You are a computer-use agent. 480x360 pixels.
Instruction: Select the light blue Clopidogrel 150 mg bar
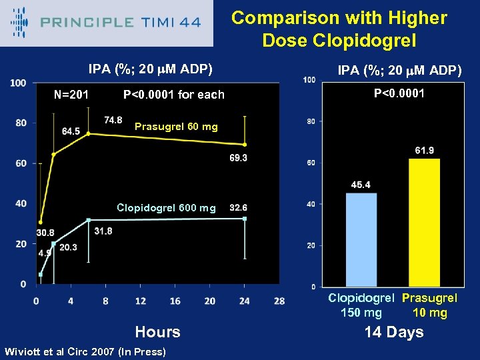[361, 239]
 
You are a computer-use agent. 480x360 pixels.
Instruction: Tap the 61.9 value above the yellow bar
[424, 151]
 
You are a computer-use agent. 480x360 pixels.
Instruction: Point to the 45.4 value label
[361, 184]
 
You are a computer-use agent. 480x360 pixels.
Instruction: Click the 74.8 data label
[113, 120]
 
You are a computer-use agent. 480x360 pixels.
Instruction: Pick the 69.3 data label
[238, 157]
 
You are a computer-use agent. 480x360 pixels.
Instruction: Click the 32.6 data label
[238, 207]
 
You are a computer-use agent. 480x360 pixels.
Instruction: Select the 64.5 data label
[71, 131]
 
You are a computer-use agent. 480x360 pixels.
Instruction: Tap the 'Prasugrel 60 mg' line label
[176, 127]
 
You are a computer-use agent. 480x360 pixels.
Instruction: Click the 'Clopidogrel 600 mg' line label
[166, 208]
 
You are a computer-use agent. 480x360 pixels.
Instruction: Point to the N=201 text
[71, 94]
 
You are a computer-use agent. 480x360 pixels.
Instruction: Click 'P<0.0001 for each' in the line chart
[174, 94]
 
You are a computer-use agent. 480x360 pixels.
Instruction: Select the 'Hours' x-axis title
[157, 332]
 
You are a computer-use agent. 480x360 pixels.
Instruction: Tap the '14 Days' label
[393, 332]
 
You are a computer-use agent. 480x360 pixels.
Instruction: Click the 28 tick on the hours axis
[279, 301]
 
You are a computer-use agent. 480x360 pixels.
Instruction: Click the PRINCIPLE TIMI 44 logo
[107, 23]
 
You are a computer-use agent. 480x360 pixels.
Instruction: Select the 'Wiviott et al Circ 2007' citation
[85, 351]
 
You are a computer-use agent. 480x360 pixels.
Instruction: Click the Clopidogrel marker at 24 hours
[245, 219]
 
